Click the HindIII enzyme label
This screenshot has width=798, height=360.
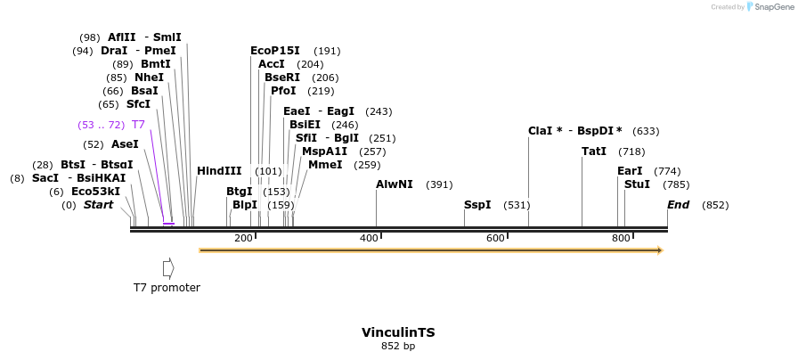pyautogui.click(x=219, y=171)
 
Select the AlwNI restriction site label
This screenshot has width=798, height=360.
pyautogui.click(x=395, y=184)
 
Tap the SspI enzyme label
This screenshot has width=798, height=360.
pyautogui.click(x=477, y=205)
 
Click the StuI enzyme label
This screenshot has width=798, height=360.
pyautogui.click(x=637, y=184)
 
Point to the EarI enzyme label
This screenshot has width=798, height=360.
pyautogui.click(x=630, y=171)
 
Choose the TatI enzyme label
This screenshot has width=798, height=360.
pyautogui.click(x=594, y=151)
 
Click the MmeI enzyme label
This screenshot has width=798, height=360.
pyautogui.click(x=325, y=164)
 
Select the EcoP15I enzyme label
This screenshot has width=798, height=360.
pyautogui.click(x=275, y=51)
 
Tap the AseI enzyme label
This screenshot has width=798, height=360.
pyautogui.click(x=125, y=144)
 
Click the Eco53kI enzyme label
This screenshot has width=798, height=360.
pyautogui.click(x=95, y=192)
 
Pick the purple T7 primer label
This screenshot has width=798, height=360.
pyautogui.click(x=138, y=125)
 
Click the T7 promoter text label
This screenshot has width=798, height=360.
pyautogui.click(x=167, y=288)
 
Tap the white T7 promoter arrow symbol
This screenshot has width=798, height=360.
pyautogui.click(x=168, y=268)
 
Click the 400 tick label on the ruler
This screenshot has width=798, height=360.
pyautogui.click(x=369, y=238)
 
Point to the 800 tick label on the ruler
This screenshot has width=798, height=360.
pyautogui.click(x=621, y=238)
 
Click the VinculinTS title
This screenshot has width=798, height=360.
pyautogui.click(x=398, y=332)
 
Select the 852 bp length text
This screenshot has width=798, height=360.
pyautogui.click(x=398, y=347)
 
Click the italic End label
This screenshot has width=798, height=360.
pyautogui.click(x=679, y=205)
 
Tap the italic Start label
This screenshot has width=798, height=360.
pyautogui.click(x=98, y=205)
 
